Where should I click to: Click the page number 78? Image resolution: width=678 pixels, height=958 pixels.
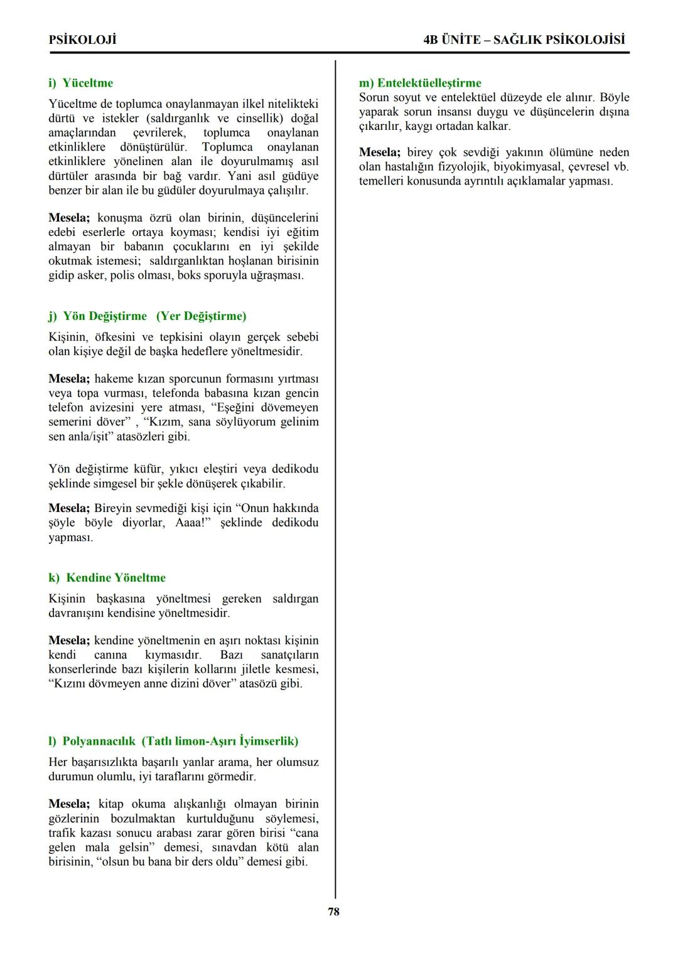pyautogui.click(x=333, y=912)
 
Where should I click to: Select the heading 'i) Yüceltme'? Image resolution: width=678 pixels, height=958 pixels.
pyautogui.click(x=81, y=83)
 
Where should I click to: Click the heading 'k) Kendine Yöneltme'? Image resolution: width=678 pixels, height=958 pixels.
pyautogui.click(x=107, y=577)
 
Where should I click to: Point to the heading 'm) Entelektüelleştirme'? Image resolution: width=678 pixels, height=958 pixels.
pyautogui.click(x=420, y=83)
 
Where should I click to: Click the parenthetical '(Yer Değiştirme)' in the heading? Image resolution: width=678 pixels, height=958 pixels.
pyautogui.click(x=202, y=316)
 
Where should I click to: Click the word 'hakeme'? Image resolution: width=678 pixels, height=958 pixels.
pyautogui.click(x=115, y=378)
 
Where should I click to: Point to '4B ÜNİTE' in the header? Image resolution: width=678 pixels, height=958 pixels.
pyautogui.click(x=451, y=40)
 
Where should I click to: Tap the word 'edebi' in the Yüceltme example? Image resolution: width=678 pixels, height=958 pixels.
pyautogui.click(x=63, y=232)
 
